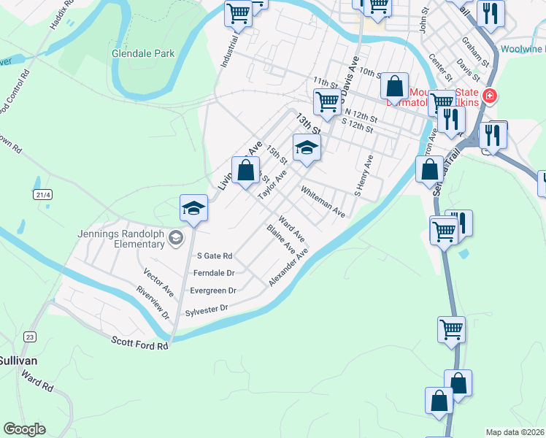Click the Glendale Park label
(143, 53)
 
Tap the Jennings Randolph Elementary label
(121, 239)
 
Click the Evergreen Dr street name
(213, 290)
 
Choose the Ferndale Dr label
(213, 273)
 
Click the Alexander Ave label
(289, 266)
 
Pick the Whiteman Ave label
(323, 201)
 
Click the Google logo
(24, 429)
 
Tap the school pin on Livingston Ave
(193, 208)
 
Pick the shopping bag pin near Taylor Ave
(246, 172)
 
